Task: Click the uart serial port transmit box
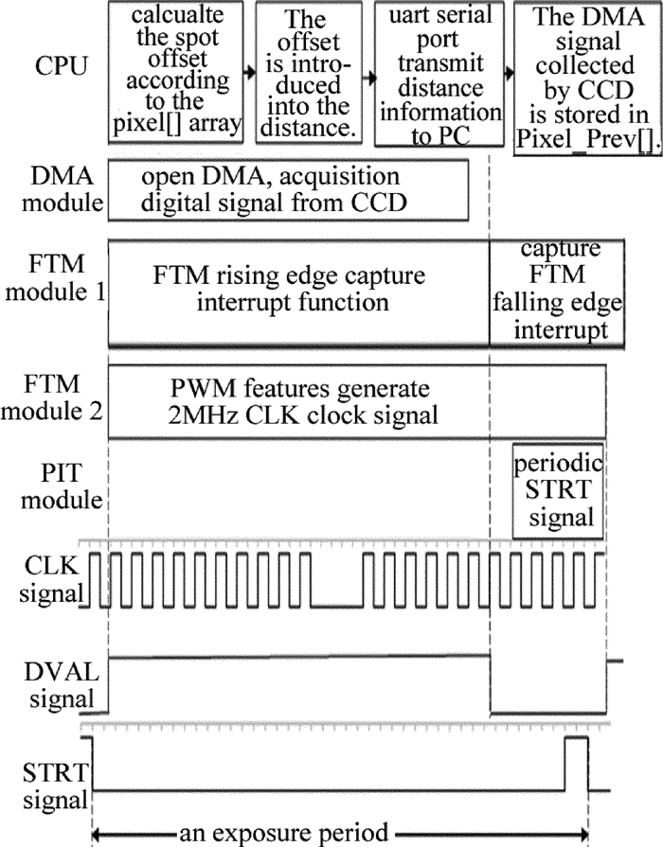click(x=438, y=73)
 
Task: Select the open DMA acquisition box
click(x=288, y=188)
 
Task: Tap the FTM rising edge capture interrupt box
click(x=297, y=290)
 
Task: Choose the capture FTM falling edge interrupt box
click(x=556, y=290)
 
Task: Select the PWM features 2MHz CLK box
click(x=297, y=402)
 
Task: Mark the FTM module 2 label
click(x=53, y=402)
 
